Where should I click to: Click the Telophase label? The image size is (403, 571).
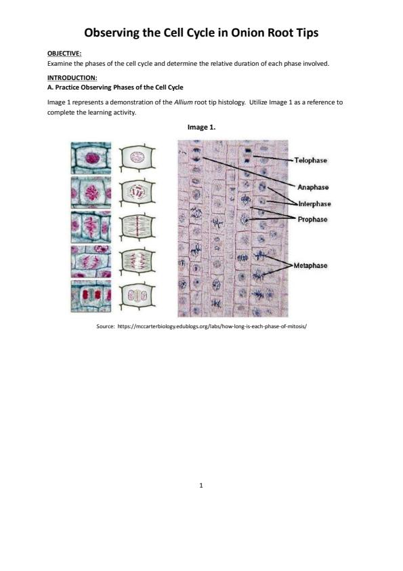311,160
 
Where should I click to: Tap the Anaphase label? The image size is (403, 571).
313,187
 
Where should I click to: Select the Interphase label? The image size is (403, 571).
315,204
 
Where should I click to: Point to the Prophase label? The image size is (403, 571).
312,219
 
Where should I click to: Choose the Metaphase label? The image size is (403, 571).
310,265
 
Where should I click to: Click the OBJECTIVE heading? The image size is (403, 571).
64,54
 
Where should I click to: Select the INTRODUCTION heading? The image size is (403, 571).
72,77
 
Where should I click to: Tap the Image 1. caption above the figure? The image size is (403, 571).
202,127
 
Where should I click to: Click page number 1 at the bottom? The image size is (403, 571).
201,485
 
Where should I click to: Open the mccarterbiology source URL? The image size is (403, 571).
212,326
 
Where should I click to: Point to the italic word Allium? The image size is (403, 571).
183,102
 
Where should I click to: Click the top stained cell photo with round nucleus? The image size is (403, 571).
91,158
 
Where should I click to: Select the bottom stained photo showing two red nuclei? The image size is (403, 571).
91,296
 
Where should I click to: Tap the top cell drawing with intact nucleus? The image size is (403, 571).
137,158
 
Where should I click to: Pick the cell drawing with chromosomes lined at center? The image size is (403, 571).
137,227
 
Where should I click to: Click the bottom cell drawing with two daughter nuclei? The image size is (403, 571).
137,296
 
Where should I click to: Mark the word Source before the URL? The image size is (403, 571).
105,326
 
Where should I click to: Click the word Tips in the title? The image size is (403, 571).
307,33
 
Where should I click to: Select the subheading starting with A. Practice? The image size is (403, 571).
115,87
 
